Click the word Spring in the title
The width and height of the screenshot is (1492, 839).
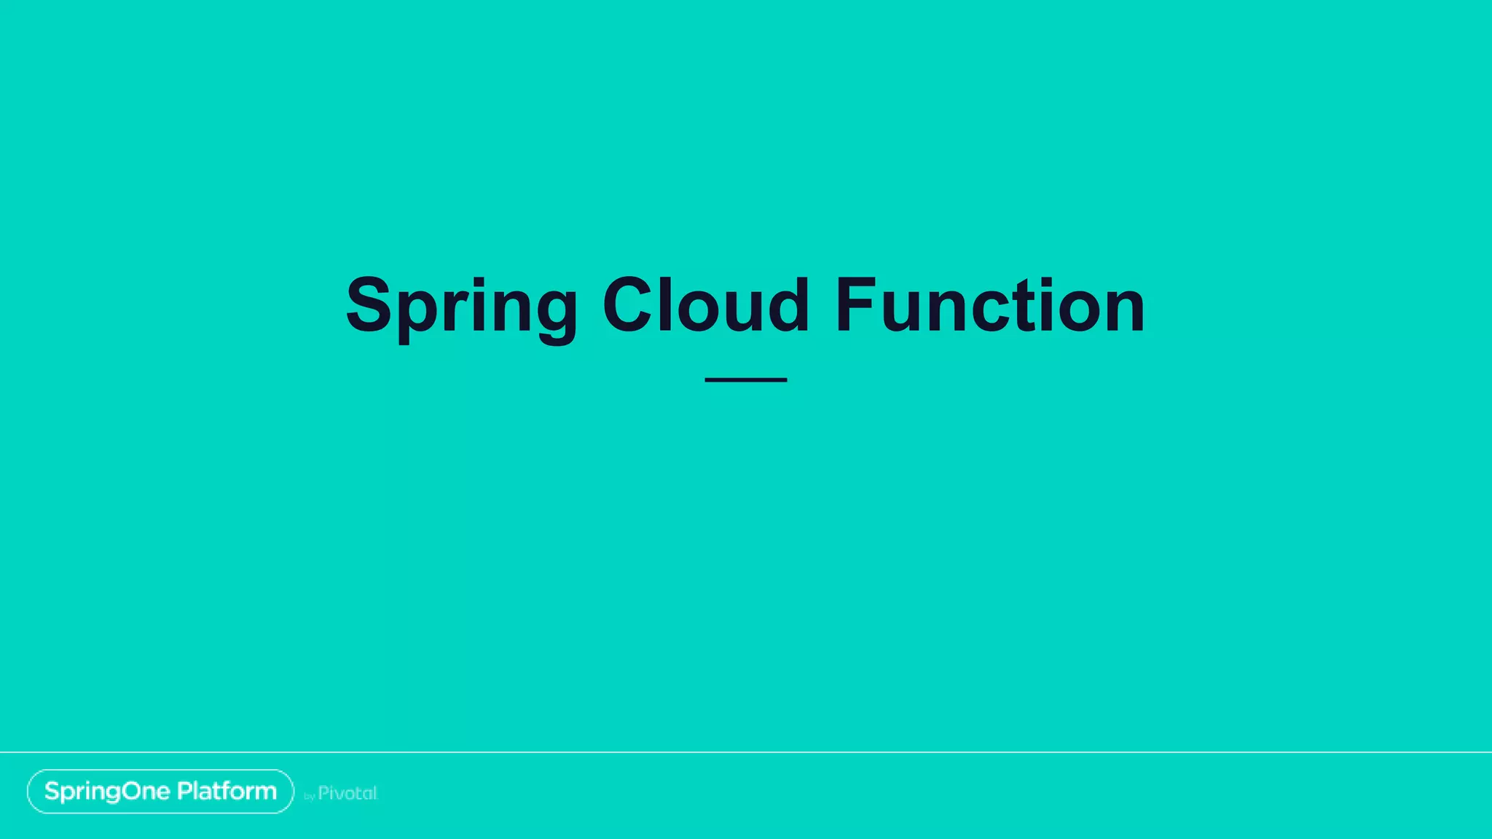click(x=462, y=306)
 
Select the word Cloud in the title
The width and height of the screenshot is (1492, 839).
click(x=705, y=306)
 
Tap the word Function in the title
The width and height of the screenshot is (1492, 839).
click(x=990, y=306)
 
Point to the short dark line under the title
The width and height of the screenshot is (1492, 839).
click(x=745, y=379)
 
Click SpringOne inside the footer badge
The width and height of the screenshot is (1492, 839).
click(x=107, y=791)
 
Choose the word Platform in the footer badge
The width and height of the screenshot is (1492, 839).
click(x=227, y=791)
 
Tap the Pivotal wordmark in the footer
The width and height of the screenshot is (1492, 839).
click(x=348, y=793)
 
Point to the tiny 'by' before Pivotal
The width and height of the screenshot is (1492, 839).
click(x=309, y=797)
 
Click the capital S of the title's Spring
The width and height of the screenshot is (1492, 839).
click(x=369, y=306)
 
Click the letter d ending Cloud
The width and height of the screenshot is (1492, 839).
click(x=785, y=306)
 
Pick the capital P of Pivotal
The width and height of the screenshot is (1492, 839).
click(x=324, y=793)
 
